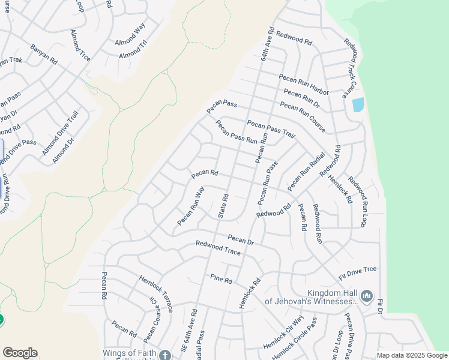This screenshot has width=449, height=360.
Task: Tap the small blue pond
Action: (358, 104)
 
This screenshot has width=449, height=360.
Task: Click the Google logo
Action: (20, 353)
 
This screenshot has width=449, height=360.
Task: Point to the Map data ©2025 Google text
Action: (412, 355)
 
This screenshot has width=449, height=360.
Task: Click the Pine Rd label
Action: (221, 278)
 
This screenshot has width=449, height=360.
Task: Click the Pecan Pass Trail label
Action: (271, 129)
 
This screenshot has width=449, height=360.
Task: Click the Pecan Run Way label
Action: (191, 206)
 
